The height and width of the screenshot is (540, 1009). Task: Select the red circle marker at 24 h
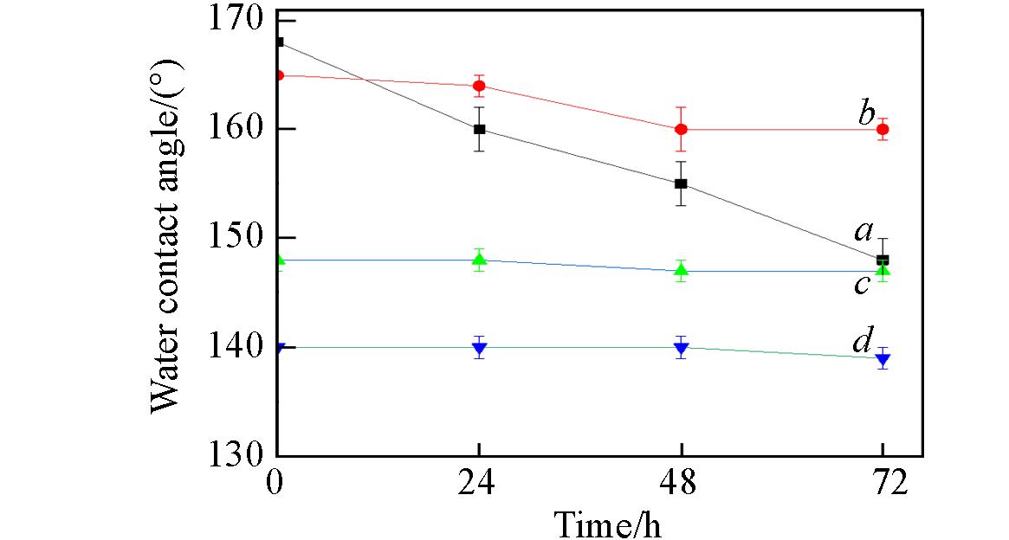coord(479,86)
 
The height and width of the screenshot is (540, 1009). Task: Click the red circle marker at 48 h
coord(681,129)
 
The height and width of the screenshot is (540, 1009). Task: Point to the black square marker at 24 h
coord(479,129)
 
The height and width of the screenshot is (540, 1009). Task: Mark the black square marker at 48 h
coord(681,183)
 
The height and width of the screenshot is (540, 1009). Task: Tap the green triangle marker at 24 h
coord(479,260)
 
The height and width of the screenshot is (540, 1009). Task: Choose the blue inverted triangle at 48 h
coord(681,348)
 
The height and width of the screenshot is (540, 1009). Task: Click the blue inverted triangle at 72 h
coord(883,359)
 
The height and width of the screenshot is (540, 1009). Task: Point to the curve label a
coord(863,230)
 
